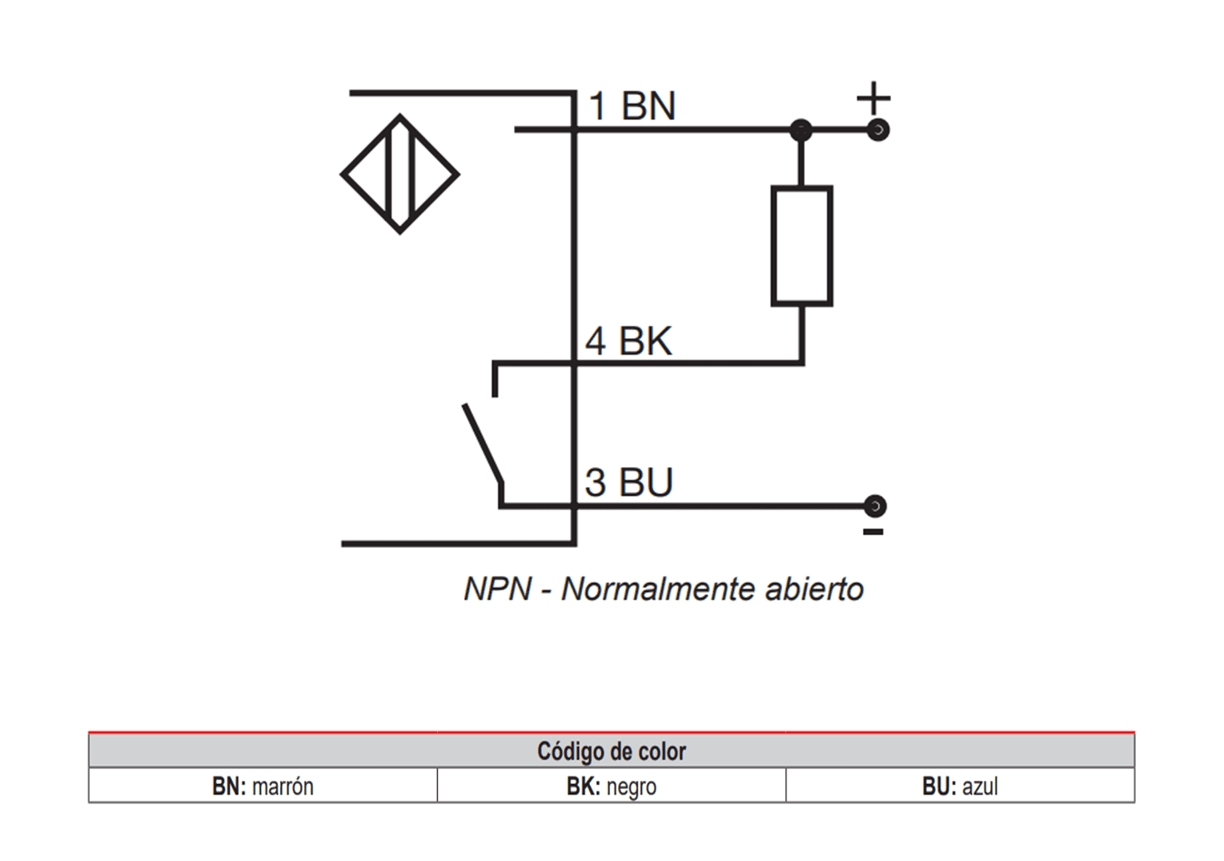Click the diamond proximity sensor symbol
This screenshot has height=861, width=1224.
click(x=399, y=174)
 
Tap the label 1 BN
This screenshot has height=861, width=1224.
click(x=632, y=107)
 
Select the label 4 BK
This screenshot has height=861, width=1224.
click(x=628, y=341)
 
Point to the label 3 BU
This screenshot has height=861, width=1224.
click(x=628, y=482)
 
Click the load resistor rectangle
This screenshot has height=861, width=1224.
click(x=801, y=246)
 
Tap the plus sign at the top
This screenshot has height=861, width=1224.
click(x=873, y=99)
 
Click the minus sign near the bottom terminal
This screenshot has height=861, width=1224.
click(x=873, y=532)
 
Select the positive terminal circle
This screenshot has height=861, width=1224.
click(x=878, y=130)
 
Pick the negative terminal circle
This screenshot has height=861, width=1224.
click(x=876, y=506)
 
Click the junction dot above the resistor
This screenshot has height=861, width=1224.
click(x=801, y=130)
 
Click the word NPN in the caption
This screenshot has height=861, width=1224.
click(x=497, y=589)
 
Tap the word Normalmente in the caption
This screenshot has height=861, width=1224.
click(x=657, y=589)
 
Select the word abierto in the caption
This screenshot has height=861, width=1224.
click(x=814, y=589)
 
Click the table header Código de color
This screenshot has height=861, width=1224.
click(x=612, y=751)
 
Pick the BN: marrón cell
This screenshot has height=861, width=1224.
click(x=263, y=787)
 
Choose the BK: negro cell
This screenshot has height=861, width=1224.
click(x=612, y=787)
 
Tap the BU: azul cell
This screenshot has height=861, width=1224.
click(x=960, y=787)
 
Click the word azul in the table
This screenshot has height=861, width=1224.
click(x=980, y=787)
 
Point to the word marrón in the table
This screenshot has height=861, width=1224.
click(x=283, y=787)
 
